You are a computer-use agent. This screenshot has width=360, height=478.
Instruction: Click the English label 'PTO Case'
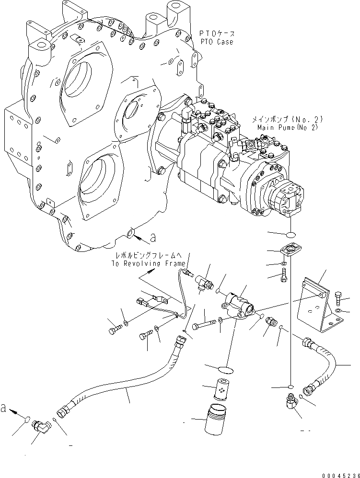[x=217, y=42]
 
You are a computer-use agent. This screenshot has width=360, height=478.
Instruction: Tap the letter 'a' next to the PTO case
[x=153, y=237]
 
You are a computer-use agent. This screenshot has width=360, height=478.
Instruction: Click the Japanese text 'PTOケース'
[x=217, y=34]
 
